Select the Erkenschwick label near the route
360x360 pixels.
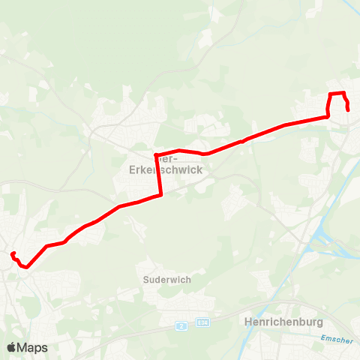[x=160, y=169]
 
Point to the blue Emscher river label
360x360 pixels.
[x=335, y=340]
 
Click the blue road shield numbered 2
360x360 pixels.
[x=181, y=325]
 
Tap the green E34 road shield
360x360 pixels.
[x=201, y=322]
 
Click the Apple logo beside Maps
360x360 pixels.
[x=11, y=348]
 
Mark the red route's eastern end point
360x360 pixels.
[x=349, y=110]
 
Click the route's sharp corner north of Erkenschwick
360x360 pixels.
[x=155, y=155]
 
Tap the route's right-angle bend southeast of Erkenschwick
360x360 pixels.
[x=161, y=196]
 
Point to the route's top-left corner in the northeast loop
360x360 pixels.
[x=331, y=94]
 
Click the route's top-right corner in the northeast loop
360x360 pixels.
[x=343, y=93]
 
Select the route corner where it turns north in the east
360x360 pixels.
[x=328, y=116]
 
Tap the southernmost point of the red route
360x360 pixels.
[x=27, y=266]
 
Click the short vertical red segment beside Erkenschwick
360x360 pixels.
[x=158, y=176]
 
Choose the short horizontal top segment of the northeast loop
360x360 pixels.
[x=337, y=93]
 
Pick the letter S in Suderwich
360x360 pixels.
[x=145, y=279]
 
